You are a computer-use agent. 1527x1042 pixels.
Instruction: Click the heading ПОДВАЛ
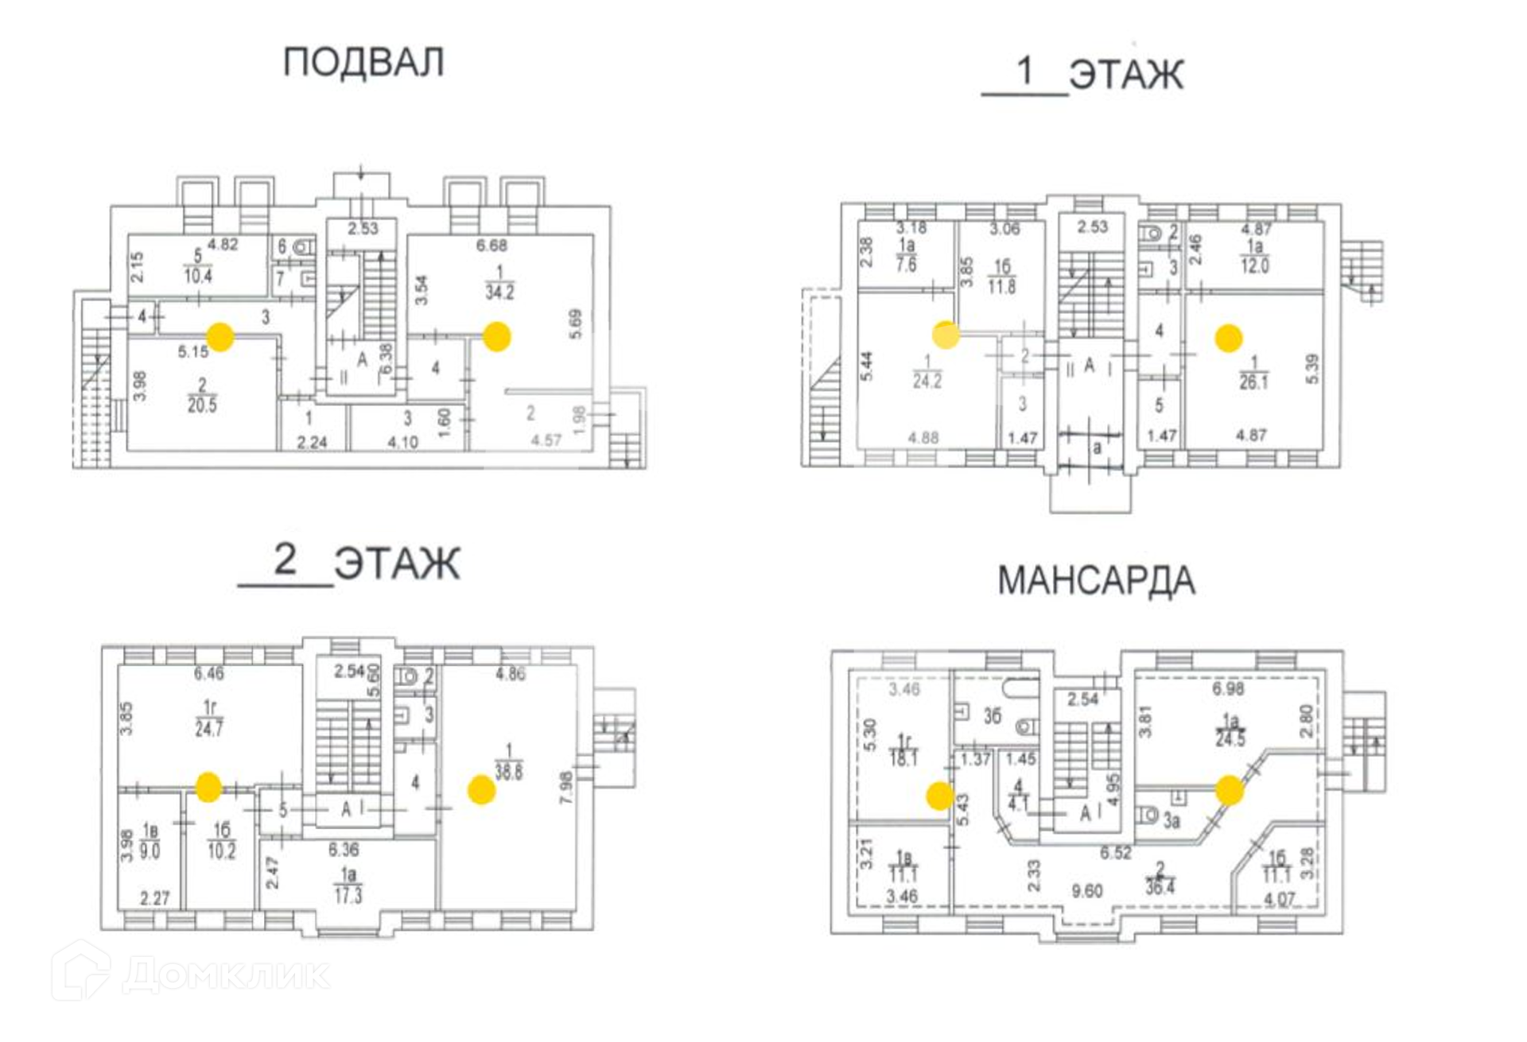(x=363, y=63)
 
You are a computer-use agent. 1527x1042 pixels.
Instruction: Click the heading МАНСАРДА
(x=1096, y=581)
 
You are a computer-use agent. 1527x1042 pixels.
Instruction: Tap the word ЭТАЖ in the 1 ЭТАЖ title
(x=1126, y=76)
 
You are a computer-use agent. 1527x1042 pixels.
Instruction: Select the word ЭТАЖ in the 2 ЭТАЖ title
(x=397, y=564)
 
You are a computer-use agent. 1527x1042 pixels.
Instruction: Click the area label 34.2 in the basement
(x=499, y=292)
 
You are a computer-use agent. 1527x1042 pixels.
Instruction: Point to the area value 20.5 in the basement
(x=202, y=405)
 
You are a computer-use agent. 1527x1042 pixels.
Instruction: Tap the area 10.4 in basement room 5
(x=198, y=277)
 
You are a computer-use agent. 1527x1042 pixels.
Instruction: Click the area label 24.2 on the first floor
(x=927, y=381)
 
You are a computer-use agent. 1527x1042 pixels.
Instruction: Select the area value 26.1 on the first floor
(x=1253, y=382)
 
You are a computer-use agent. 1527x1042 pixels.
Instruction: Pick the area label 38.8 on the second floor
(x=509, y=772)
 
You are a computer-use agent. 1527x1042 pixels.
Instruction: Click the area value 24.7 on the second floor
(x=209, y=728)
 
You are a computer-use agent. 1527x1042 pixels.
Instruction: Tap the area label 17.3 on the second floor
(x=348, y=896)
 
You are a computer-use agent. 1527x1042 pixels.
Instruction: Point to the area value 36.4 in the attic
(x=1160, y=886)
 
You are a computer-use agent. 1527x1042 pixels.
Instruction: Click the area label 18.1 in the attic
(x=903, y=758)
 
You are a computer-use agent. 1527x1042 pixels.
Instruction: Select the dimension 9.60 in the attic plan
(x=1086, y=891)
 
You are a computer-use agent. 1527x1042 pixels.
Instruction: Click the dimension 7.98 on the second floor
(x=566, y=788)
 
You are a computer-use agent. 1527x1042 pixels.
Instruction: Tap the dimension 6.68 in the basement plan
(x=492, y=246)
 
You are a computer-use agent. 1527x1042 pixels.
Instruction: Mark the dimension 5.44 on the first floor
(x=867, y=366)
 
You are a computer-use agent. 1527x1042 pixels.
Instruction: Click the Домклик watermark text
(x=227, y=974)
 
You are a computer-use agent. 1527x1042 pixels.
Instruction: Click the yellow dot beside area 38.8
(x=481, y=790)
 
